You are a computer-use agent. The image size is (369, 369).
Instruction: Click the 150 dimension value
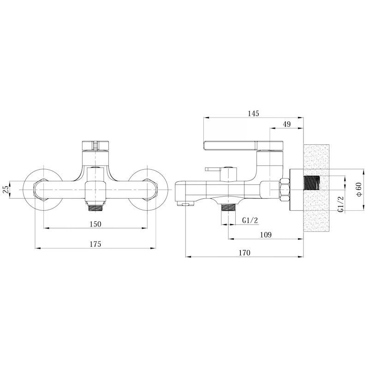point(95,224)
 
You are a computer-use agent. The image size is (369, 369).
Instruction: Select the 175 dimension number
point(95,244)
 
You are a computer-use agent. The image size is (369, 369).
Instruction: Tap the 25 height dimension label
point(6,189)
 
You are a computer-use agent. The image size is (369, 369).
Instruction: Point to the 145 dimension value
point(253,113)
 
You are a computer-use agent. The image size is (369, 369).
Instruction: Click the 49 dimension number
point(286,124)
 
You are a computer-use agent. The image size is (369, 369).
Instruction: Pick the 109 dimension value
point(266,235)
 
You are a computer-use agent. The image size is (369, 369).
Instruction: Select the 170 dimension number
point(244,253)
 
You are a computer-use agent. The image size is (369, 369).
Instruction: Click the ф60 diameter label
point(359,190)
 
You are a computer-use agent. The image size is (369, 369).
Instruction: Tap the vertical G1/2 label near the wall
point(340,204)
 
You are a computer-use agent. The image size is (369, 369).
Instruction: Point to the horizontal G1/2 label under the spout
point(250,220)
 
